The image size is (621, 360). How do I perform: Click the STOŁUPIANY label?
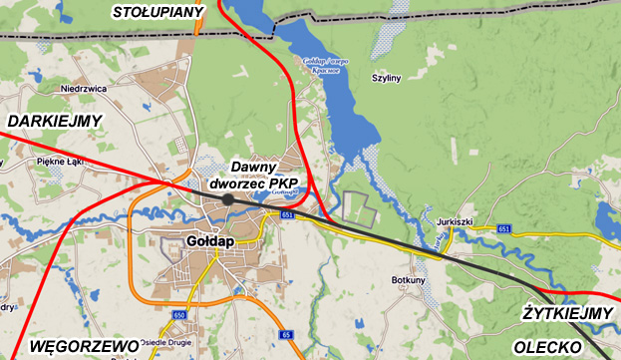click(x=158, y=12)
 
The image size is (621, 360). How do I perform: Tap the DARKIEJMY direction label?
click(x=55, y=121)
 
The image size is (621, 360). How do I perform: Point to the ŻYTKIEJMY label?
click(x=568, y=314)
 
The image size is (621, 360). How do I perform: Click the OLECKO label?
click(x=547, y=346)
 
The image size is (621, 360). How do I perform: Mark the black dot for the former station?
click(x=228, y=199)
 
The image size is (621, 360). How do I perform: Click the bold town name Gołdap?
click(x=210, y=240)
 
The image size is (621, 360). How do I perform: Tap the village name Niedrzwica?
click(x=84, y=88)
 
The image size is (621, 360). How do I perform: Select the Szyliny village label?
click(x=386, y=77)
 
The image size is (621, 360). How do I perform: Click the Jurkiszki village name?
click(x=453, y=220)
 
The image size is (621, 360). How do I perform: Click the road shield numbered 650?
click(x=178, y=315)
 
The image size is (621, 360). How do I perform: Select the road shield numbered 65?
click(x=286, y=334)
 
